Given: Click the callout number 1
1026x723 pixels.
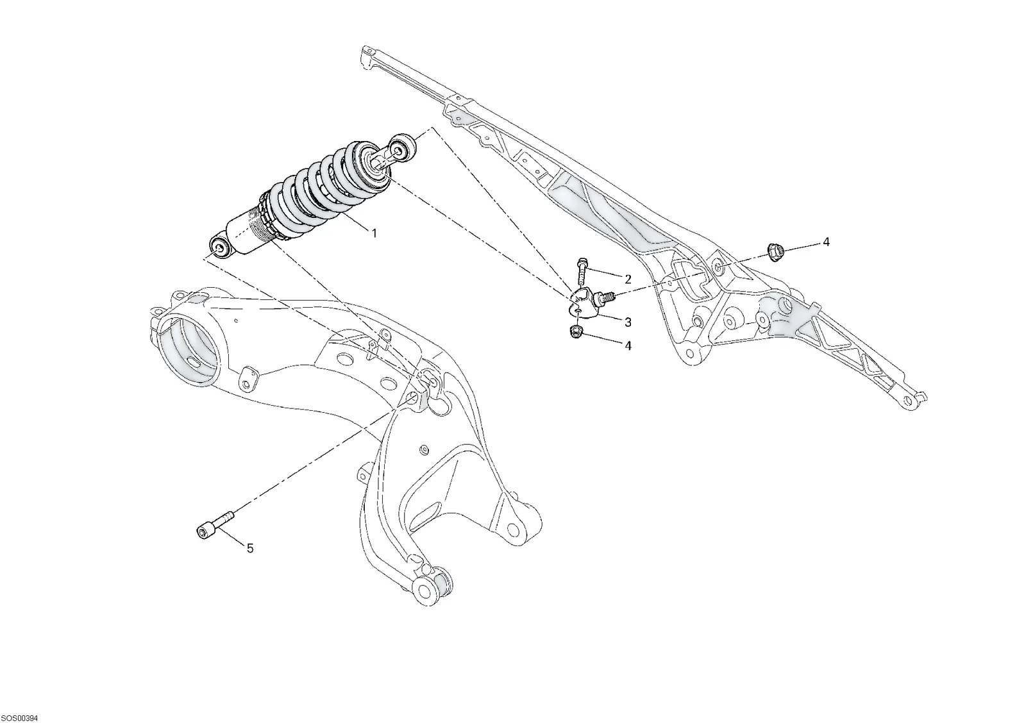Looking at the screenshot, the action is point(374,233).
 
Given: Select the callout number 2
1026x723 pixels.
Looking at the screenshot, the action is point(628,279).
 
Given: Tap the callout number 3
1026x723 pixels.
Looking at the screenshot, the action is point(628,322).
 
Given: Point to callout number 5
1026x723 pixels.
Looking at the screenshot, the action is point(250,548).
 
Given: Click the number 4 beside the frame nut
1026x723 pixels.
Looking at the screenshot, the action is point(827,242).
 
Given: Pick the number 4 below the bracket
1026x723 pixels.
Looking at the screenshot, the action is point(628,345).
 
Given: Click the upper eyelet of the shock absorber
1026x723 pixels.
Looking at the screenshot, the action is point(401,148).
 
